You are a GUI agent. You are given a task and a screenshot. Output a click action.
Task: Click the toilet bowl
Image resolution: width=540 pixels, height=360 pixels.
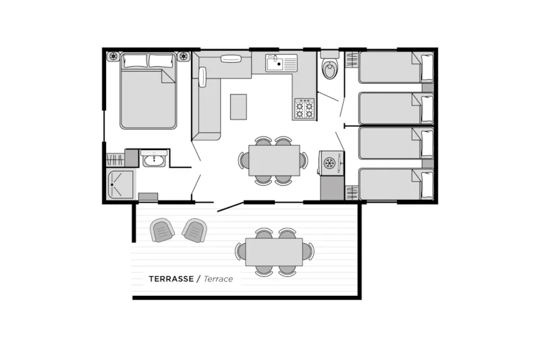point(329,70)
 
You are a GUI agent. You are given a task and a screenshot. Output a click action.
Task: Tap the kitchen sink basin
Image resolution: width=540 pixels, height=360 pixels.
point(275,63)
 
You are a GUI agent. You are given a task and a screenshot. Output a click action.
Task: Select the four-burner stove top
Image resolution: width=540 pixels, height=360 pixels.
point(304,109)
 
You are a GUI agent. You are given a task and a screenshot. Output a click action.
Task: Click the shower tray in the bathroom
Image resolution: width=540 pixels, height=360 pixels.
point(120,184)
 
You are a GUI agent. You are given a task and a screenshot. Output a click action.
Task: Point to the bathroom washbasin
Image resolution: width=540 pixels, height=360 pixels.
point(154,159)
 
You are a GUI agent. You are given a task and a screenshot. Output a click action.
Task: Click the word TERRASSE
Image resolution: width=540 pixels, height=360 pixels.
point(171,279)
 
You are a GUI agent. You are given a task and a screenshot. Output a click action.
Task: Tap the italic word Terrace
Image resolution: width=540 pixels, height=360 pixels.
point(218,279)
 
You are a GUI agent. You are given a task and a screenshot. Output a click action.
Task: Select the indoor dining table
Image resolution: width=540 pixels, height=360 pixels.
point(274,161)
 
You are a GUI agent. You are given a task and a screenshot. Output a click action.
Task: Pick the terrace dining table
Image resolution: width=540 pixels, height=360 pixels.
point(274,252)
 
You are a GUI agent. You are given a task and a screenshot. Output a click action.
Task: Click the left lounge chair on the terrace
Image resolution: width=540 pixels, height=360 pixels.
point(161,230)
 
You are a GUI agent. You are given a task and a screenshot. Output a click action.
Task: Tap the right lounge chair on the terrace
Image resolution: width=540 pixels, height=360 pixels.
point(194,230)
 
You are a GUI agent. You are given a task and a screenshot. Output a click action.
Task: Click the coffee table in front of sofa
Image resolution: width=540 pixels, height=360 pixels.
point(238,107)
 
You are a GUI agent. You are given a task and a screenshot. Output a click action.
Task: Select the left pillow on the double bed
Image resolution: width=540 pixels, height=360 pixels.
point(135,61)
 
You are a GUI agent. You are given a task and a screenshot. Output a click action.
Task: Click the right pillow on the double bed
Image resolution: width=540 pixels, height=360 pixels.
point(161,61)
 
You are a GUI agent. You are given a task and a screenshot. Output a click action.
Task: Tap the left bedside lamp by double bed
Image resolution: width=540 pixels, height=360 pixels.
point(113,56)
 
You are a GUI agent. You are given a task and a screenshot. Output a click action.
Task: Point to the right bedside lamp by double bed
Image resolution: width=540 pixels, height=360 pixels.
point(184,56)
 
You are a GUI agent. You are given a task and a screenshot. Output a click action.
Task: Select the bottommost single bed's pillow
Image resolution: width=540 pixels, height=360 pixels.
point(427,184)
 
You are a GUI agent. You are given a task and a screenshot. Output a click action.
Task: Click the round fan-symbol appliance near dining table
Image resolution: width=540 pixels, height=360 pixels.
point(329,163)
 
